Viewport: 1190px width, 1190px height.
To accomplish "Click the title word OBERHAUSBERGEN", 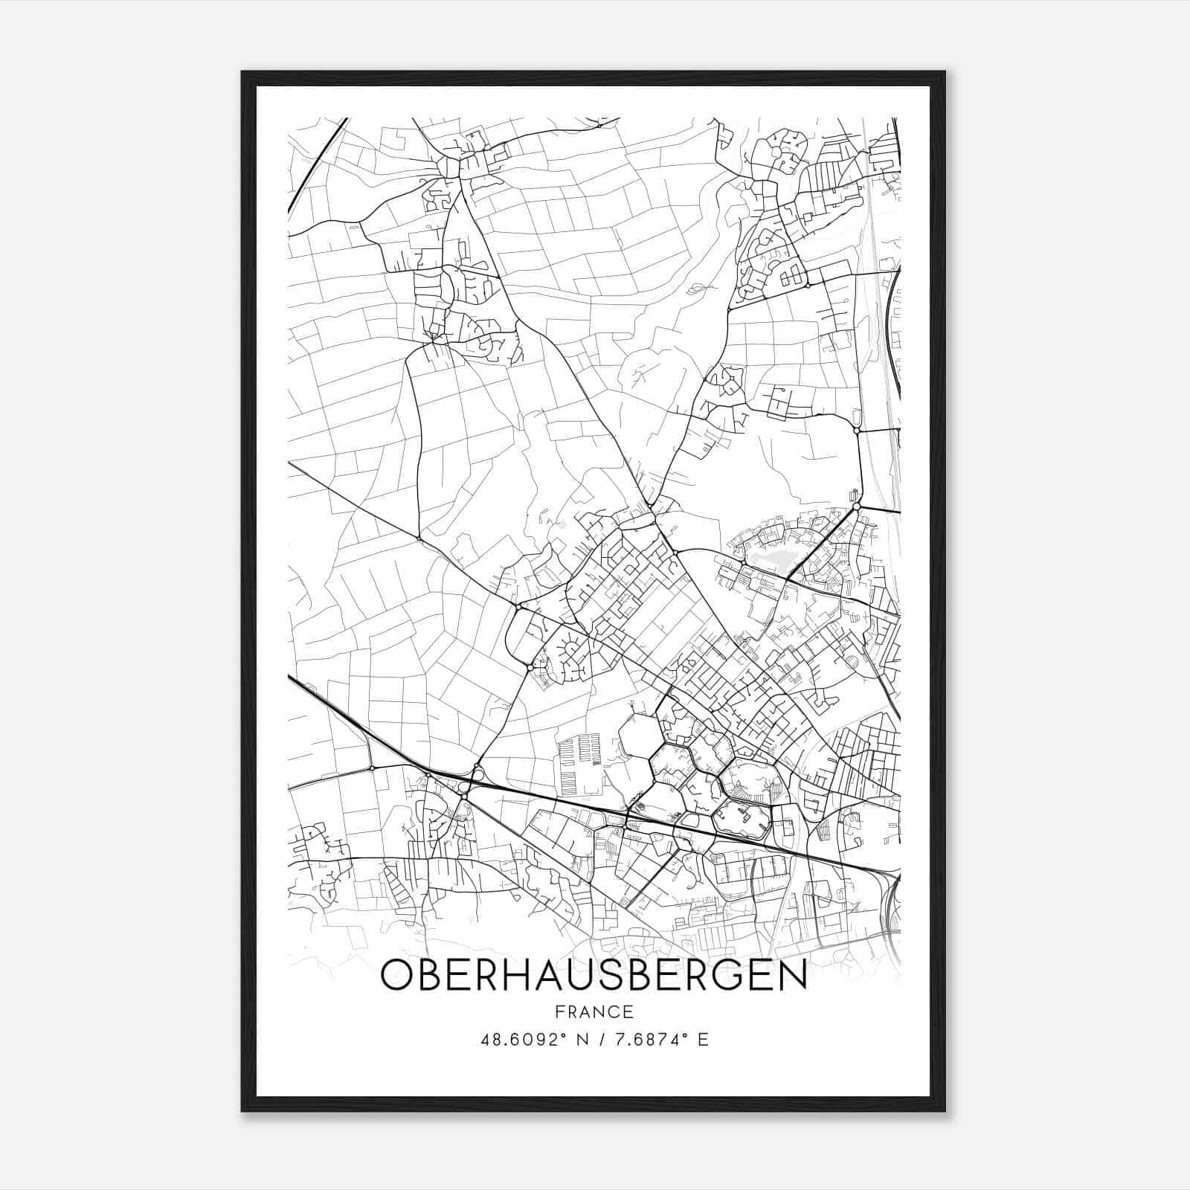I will [x=594, y=975].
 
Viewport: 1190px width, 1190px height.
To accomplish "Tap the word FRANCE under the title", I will [x=594, y=1011].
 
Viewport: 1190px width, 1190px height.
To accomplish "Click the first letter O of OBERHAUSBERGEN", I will [x=396, y=975].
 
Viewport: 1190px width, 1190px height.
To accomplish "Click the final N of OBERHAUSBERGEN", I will [x=790, y=975].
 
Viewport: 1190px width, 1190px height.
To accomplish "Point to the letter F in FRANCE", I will [x=558, y=1011].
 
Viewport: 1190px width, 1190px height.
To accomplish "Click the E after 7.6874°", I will [x=703, y=1039].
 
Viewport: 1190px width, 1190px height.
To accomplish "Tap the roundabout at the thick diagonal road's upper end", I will [x=856, y=506].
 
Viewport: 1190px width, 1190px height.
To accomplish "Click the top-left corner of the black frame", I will [x=242, y=72].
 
